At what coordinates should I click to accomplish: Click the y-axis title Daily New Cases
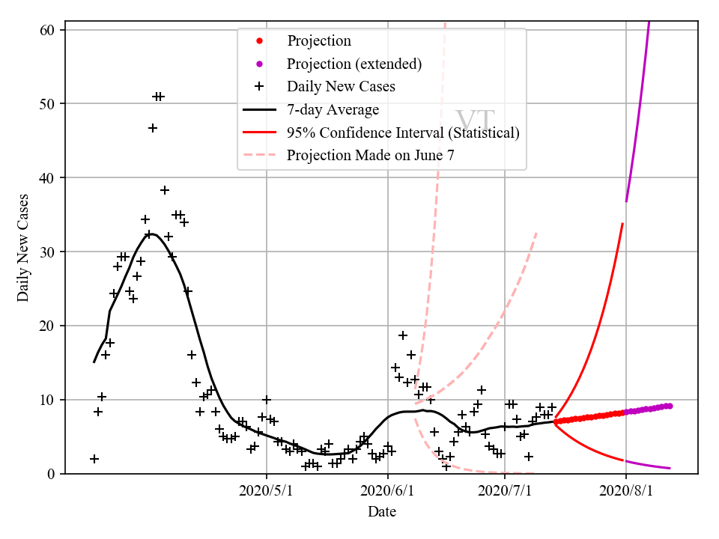23,248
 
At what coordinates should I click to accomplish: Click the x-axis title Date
381,512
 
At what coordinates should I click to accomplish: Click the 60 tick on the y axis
49,31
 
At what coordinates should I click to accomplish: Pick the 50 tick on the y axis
49,103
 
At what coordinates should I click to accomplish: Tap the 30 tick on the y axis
49,252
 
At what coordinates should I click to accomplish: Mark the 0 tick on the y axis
53,474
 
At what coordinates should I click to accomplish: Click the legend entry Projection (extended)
354,64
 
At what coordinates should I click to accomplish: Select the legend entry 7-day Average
333,110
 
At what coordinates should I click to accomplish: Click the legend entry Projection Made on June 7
370,156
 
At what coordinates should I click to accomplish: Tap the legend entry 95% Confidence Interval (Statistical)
403,133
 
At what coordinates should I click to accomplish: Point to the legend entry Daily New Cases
341,87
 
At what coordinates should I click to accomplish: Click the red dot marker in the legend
259,40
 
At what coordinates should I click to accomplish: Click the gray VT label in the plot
475,121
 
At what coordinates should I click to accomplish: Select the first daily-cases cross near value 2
94,458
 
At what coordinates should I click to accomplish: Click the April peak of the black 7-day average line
151,234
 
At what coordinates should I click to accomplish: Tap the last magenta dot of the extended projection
669,406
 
